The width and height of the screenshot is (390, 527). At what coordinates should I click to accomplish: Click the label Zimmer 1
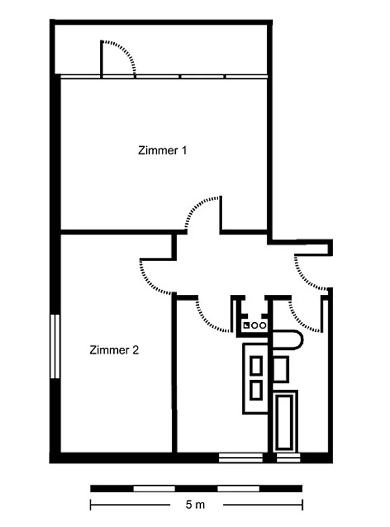[x=162, y=150]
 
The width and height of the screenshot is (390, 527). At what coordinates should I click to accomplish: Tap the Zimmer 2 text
[x=114, y=350]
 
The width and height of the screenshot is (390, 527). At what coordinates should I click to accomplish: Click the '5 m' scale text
[x=195, y=504]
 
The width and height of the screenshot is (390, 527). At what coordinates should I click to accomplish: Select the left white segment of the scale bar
[x=154, y=488]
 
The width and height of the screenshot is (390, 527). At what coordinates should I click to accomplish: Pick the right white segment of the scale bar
[x=238, y=488]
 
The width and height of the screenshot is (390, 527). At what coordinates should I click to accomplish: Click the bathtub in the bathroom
[x=285, y=421]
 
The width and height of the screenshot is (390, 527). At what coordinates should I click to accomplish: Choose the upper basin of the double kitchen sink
[x=256, y=366]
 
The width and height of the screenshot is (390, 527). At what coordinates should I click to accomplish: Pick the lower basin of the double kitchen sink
[x=256, y=391]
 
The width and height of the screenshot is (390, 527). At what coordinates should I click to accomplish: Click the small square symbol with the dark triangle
[x=247, y=325]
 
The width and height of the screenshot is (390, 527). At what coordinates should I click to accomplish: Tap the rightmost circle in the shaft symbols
[x=263, y=326]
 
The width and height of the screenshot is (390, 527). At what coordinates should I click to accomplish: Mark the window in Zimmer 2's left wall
[x=55, y=346]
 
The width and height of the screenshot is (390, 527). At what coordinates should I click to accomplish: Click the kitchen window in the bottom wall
[x=240, y=457]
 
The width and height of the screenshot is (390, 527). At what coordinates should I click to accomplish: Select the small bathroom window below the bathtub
[x=288, y=457]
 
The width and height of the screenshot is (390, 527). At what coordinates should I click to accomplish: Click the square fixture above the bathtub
[x=280, y=369]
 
